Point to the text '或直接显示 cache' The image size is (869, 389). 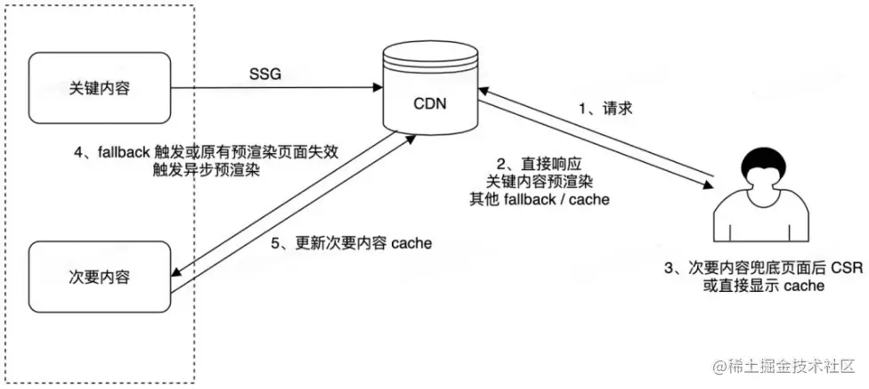click(764, 286)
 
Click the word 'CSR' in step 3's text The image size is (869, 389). click(846, 268)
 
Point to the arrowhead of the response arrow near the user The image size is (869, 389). click(709, 185)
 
